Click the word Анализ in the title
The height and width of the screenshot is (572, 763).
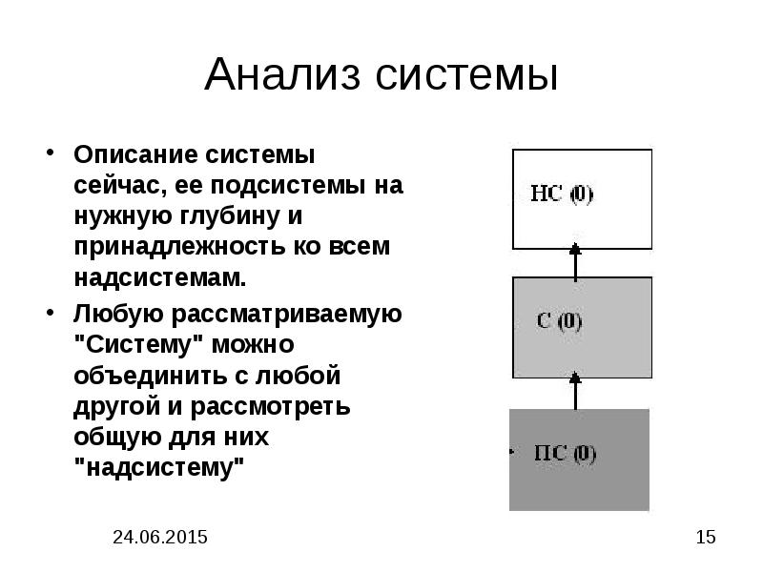(x=282, y=74)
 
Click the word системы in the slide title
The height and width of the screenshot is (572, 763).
(x=466, y=76)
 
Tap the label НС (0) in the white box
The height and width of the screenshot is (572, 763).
(x=562, y=194)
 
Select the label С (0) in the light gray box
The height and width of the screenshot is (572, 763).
(x=559, y=321)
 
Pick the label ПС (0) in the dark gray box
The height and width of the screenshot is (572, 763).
(x=565, y=454)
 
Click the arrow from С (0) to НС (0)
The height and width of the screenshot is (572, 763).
(x=576, y=262)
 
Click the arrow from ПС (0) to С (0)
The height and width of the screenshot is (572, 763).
(x=576, y=391)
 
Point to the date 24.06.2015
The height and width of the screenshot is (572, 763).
(x=160, y=537)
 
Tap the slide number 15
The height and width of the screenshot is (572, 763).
(x=706, y=537)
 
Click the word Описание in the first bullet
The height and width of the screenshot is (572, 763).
(x=135, y=154)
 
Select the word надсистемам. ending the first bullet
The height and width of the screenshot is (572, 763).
(x=160, y=277)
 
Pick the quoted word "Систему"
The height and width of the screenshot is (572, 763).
(x=138, y=344)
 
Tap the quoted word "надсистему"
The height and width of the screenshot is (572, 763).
(x=159, y=467)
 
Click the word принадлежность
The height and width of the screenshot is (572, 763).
(x=179, y=247)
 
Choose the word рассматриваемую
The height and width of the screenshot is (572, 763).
(x=287, y=315)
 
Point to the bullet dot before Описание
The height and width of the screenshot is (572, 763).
(x=50, y=152)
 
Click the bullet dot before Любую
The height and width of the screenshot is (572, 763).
(x=50, y=313)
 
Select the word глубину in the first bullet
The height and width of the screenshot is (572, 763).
(x=229, y=217)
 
